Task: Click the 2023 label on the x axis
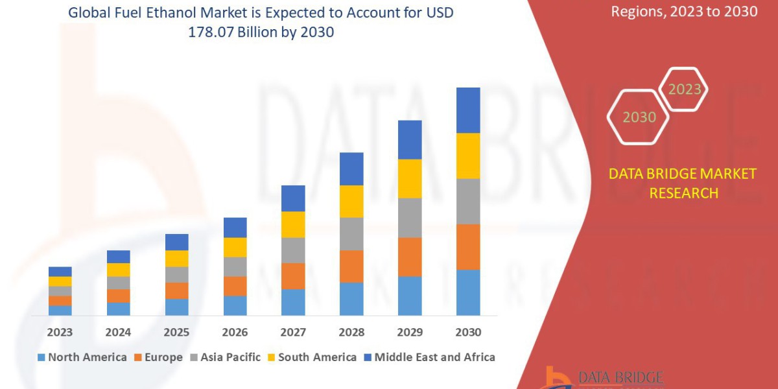click(x=60, y=333)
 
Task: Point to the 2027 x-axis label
click(x=293, y=333)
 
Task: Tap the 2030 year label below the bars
click(x=468, y=333)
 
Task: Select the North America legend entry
click(x=82, y=357)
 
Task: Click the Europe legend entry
click(x=160, y=357)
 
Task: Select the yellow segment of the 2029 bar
click(x=410, y=178)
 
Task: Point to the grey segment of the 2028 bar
click(x=351, y=233)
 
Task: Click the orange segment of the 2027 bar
click(x=293, y=276)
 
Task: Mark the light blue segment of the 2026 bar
click(x=235, y=305)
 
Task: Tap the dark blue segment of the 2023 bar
click(x=60, y=272)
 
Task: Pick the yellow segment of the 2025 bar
click(x=176, y=259)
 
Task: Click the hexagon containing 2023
click(x=684, y=89)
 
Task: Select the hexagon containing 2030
click(x=639, y=117)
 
